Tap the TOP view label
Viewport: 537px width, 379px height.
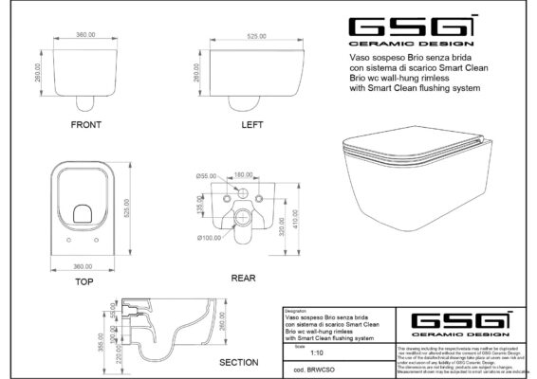click(x=83, y=282)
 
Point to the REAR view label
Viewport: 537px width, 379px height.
click(x=245, y=278)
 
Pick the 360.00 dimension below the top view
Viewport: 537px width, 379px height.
click(x=84, y=266)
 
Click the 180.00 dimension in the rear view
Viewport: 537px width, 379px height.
click(x=243, y=174)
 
